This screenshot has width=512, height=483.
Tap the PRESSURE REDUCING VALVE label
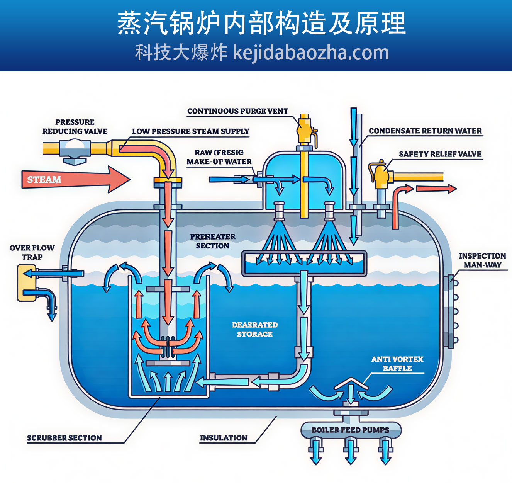[x=75, y=127]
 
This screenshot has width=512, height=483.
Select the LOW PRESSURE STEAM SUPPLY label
[x=190, y=131]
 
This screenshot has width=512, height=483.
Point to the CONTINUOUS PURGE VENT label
[x=237, y=111]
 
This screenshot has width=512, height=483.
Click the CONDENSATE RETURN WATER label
[x=425, y=131]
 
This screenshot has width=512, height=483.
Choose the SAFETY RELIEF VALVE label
[x=440, y=154]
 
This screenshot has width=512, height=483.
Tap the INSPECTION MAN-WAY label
[x=482, y=260]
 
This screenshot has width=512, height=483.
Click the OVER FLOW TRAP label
[x=32, y=252]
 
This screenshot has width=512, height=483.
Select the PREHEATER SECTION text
[x=213, y=241]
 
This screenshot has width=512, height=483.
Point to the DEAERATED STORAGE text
[x=255, y=330]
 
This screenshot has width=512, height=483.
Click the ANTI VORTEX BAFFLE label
[x=397, y=364]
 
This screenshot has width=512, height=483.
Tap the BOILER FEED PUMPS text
[x=350, y=430]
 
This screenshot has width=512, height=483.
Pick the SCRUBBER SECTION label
[x=64, y=438]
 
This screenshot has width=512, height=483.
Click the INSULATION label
[x=224, y=438]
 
